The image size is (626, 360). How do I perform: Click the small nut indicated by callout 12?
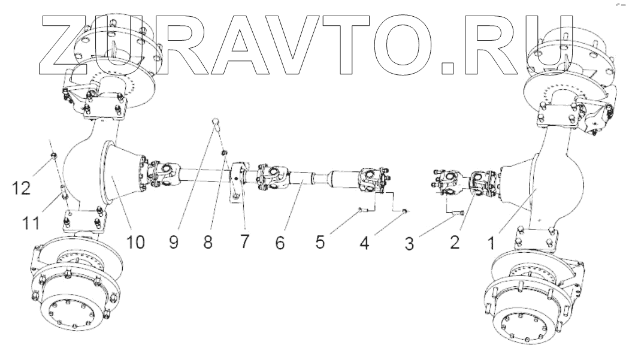[53, 157]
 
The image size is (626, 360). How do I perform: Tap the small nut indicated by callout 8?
[224, 154]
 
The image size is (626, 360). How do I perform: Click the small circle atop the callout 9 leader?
[217, 123]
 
